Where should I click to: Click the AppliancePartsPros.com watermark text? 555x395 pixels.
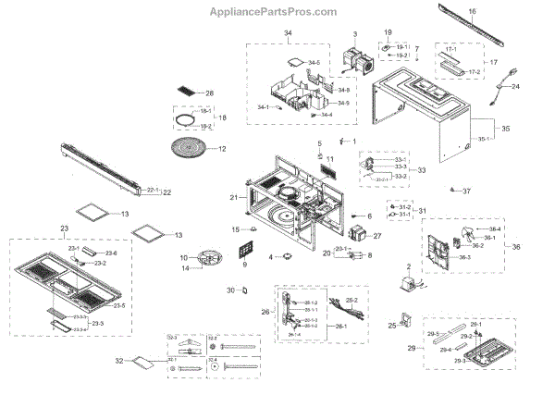tap(277, 11)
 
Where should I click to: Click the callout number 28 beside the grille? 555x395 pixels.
tap(209, 93)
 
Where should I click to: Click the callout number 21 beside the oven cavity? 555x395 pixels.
tap(234, 198)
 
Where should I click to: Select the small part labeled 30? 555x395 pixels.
tap(244, 290)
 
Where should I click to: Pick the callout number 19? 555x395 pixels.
tap(388, 34)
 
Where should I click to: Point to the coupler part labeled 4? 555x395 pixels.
tap(287, 255)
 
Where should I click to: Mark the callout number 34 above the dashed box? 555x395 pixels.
tap(287, 33)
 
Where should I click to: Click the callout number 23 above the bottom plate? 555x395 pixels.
tap(64, 228)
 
